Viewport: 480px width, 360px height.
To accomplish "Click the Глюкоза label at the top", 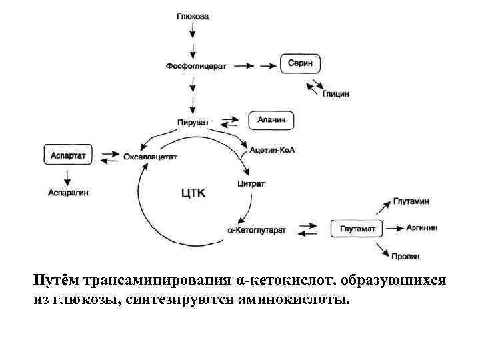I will [193, 17].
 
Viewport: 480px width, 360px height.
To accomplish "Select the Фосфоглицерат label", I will [193, 65].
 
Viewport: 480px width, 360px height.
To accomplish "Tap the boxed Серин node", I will [300, 65].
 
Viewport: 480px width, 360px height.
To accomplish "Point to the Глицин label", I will [336, 95].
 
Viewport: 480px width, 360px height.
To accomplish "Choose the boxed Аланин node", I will [271, 121].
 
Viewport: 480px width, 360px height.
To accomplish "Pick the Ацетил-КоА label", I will [271, 151].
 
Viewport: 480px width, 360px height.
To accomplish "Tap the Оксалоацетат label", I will [151, 157].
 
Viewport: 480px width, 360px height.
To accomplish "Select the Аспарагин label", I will [68, 192].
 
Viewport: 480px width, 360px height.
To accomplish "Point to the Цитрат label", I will [251, 183].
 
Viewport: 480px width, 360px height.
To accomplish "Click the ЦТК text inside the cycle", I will [195, 193].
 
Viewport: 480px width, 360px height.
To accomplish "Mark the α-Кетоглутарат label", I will [257, 230].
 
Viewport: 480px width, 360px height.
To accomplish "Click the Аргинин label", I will [422, 227].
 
